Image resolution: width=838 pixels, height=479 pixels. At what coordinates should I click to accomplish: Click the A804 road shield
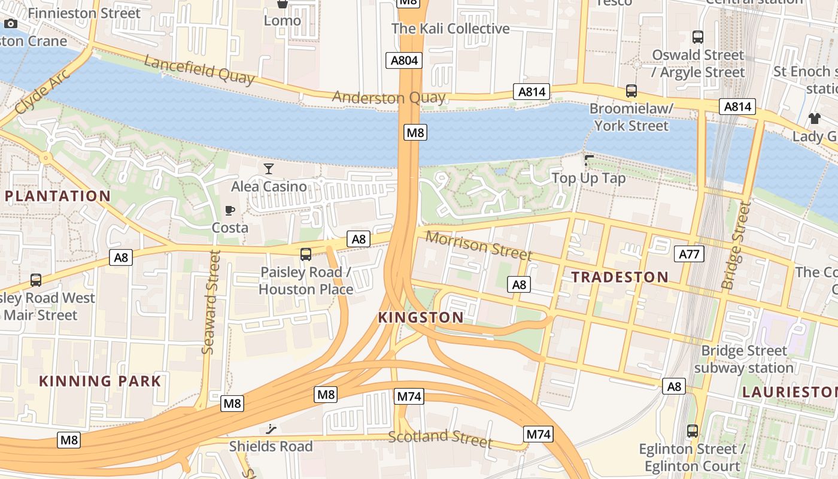point(405,60)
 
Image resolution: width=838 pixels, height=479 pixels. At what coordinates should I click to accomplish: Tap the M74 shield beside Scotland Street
point(537,434)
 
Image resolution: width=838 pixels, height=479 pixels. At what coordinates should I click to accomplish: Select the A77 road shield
point(689,254)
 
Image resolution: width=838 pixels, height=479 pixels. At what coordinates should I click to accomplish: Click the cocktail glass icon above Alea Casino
point(269,169)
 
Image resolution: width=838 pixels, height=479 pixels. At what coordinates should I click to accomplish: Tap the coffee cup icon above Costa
point(230,210)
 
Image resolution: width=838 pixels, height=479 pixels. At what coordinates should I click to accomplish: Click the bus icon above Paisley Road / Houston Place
point(306,254)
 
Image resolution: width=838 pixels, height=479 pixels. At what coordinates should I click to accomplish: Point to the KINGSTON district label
point(421,317)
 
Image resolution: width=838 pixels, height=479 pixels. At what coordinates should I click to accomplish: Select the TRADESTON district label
point(620,277)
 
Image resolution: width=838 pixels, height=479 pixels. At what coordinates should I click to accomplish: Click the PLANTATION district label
point(58,196)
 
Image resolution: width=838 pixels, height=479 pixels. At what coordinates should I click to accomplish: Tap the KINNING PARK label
point(100,381)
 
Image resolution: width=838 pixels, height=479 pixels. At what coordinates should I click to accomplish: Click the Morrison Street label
point(478,245)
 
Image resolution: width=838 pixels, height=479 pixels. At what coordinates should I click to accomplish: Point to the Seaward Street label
point(209,301)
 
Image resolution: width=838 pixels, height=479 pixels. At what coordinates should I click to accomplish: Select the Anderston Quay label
point(388,97)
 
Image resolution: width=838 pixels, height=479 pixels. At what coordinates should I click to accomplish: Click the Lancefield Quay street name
point(199,70)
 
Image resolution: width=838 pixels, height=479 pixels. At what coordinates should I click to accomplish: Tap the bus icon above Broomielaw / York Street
point(631,91)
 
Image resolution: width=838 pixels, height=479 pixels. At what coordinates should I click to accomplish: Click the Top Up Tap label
point(588,178)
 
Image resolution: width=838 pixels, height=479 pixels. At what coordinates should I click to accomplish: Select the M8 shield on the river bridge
point(415,132)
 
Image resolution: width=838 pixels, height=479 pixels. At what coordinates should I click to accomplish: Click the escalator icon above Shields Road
point(271,429)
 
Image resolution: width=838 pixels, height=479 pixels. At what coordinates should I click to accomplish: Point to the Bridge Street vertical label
point(736,245)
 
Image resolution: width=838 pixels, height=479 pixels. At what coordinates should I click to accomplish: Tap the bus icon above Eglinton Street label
point(693,431)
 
